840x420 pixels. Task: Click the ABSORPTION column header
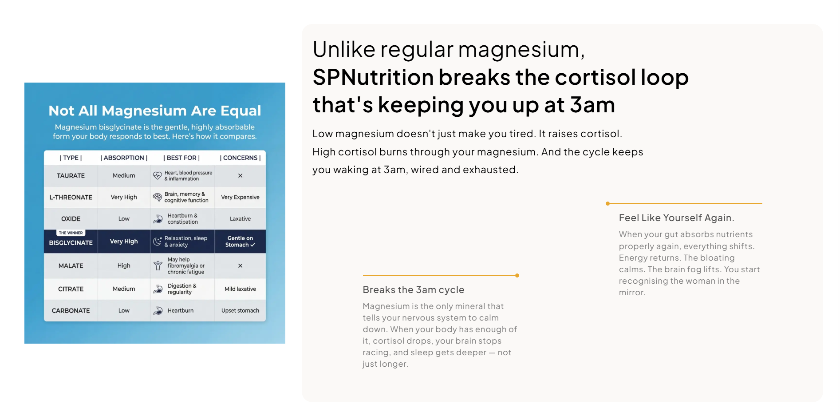[124, 158]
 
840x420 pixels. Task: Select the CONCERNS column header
[240, 158]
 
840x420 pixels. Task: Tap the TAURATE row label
[71, 176]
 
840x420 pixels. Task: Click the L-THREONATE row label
[71, 197]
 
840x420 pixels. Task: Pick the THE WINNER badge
[71, 233]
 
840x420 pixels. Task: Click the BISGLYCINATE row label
[71, 243]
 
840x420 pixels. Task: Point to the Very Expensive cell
[240, 197]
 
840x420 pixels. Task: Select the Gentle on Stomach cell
[240, 242]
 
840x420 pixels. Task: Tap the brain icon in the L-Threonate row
[158, 197]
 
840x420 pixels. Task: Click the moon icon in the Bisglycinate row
[158, 241]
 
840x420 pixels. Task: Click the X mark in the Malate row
[240, 265]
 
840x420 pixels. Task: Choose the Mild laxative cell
[240, 289]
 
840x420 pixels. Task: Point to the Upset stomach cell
[240, 311]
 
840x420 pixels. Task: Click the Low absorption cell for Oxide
[124, 219]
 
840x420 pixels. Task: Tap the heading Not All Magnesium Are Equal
[154, 111]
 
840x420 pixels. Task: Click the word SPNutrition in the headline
[372, 77]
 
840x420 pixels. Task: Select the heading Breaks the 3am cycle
[414, 290]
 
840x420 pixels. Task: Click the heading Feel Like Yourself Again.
[677, 218]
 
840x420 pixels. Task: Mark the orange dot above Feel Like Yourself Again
[607, 204]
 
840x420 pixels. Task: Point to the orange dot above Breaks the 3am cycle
[517, 276]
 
